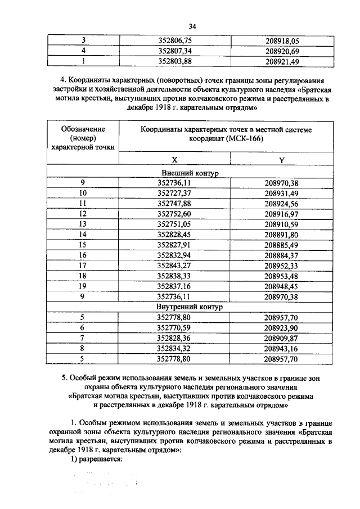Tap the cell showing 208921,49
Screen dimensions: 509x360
coord(282,61)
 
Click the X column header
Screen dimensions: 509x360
coord(175,160)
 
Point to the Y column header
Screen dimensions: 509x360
coord(282,160)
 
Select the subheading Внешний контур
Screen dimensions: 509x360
coord(192,173)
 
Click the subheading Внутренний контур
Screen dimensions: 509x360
coord(192,308)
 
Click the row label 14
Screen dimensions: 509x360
coord(83,233)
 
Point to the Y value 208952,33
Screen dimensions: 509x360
coord(282,265)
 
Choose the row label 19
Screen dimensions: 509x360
coord(83,285)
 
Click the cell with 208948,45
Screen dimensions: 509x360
coord(282,285)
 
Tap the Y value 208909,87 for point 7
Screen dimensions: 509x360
coord(282,338)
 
